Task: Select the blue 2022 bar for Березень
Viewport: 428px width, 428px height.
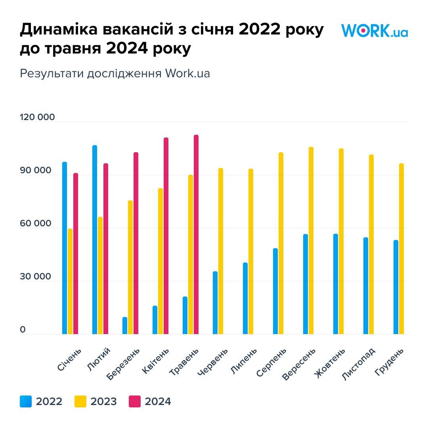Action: point(125,325)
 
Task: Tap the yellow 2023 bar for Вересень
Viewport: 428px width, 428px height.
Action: point(311,240)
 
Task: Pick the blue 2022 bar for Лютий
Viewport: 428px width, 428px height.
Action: point(95,239)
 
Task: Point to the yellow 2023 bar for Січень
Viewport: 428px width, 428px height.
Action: point(70,281)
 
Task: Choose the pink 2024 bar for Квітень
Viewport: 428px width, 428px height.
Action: point(166,235)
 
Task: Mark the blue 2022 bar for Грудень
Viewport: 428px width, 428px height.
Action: point(396,287)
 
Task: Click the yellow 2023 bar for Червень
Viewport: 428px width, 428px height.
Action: point(221,251)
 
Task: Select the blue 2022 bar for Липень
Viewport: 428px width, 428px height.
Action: point(245,298)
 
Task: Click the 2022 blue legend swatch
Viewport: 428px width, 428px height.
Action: point(26,401)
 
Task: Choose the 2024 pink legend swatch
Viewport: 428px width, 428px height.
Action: point(135,401)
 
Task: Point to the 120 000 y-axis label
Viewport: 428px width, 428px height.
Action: point(38,118)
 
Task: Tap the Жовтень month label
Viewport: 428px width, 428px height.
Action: point(330,363)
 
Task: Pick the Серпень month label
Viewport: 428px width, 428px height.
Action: point(271,363)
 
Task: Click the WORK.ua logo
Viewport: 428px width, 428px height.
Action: point(374,31)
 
